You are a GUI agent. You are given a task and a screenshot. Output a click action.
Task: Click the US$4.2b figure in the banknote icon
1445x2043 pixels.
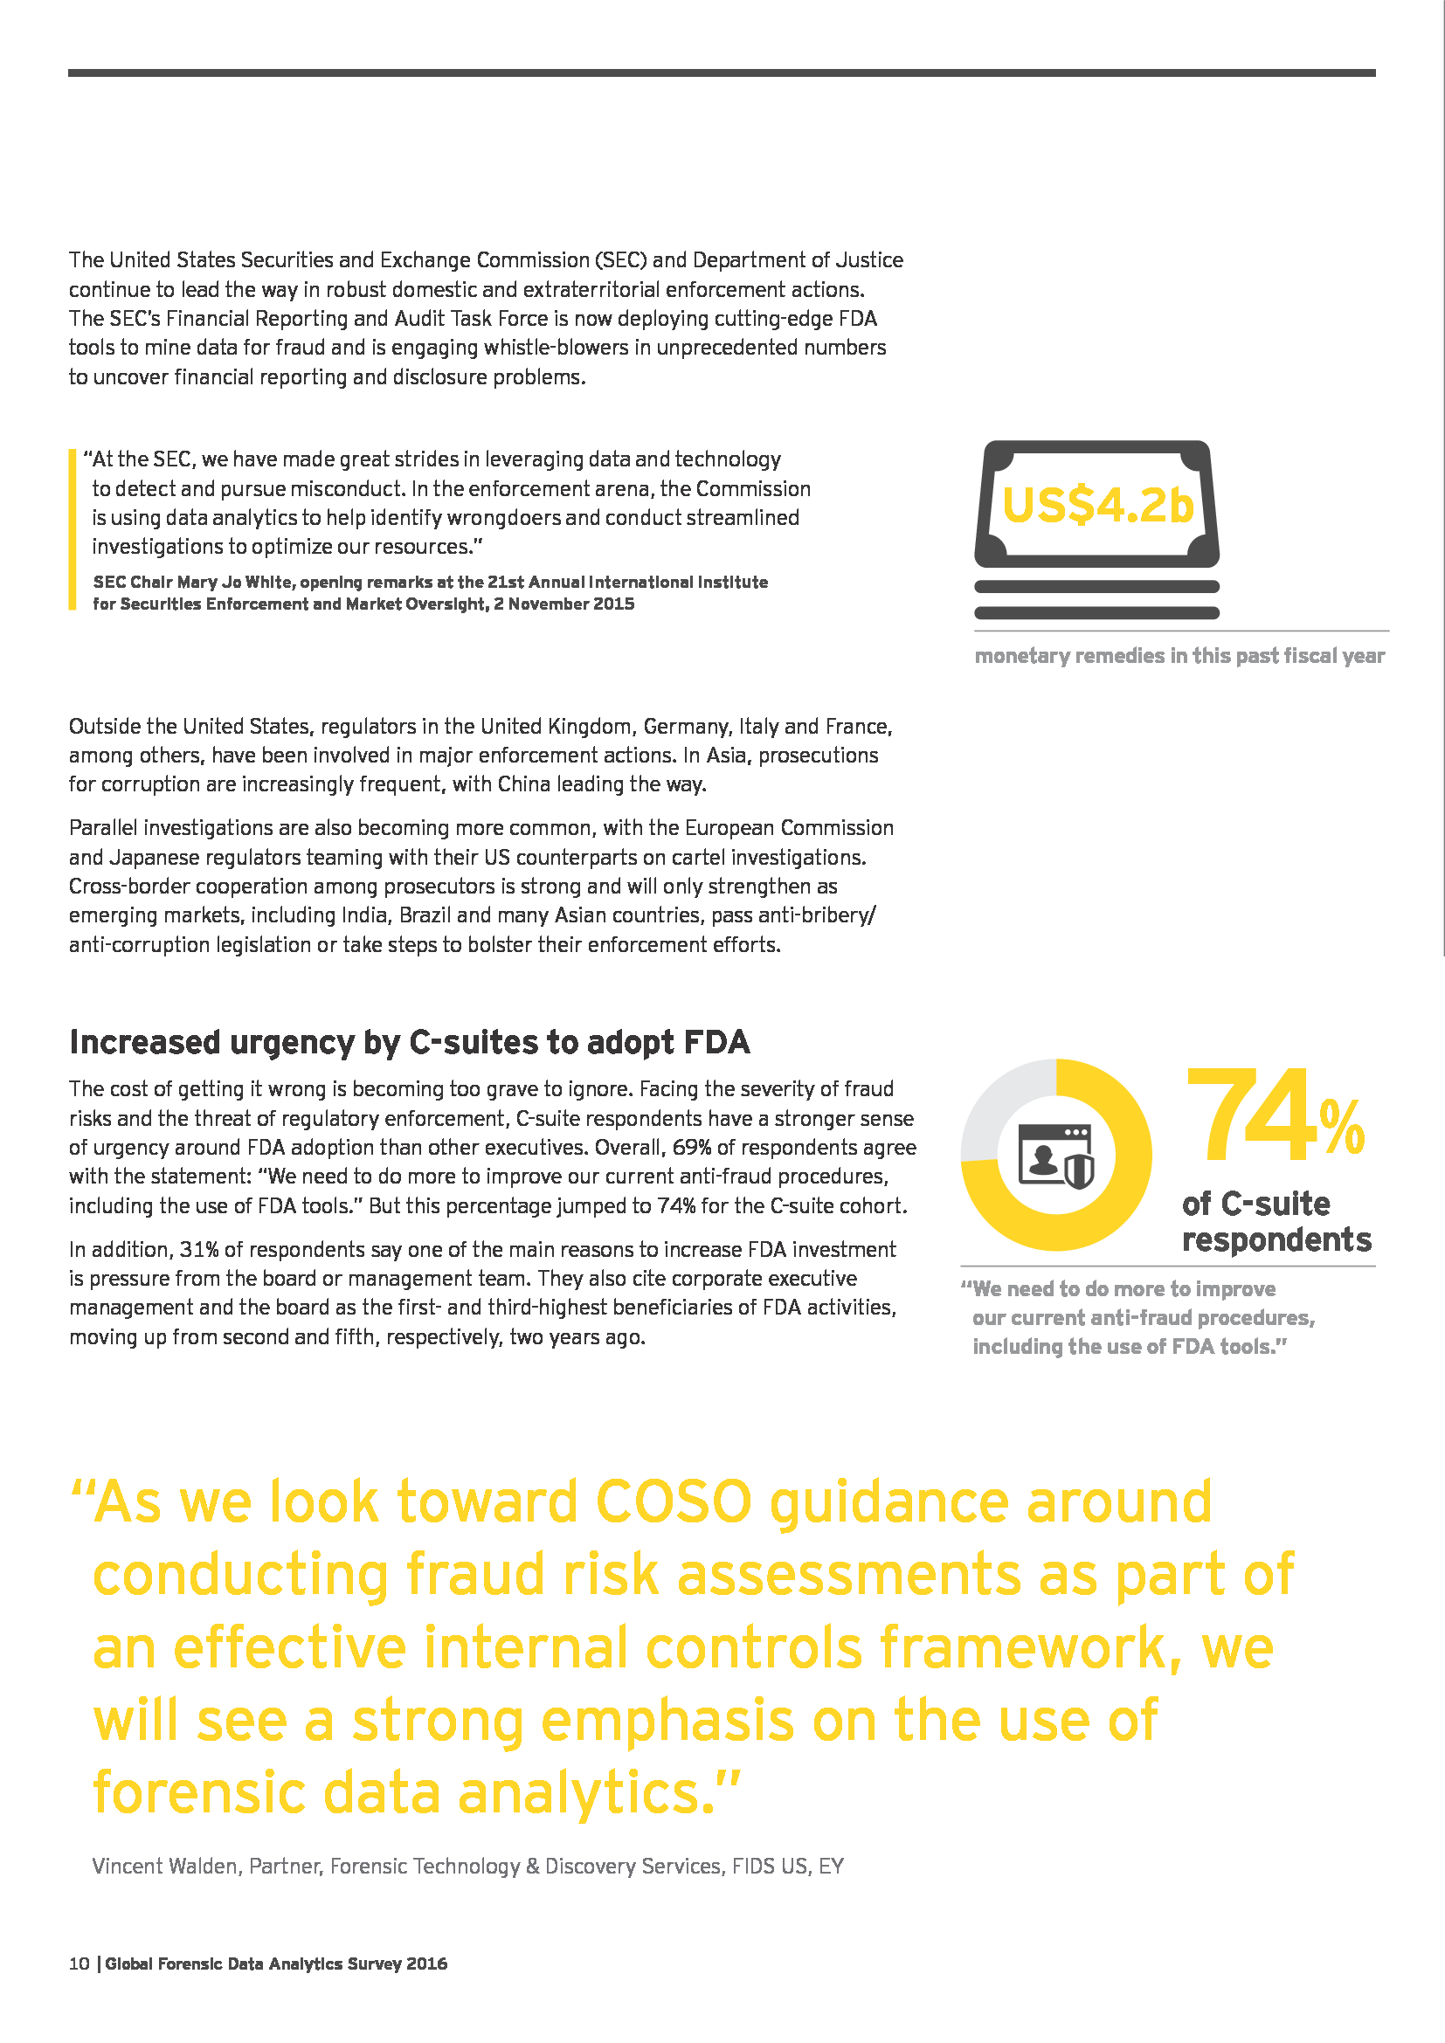[x=1097, y=506]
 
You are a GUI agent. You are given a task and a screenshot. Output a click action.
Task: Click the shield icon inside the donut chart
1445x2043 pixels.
[x=1078, y=1171]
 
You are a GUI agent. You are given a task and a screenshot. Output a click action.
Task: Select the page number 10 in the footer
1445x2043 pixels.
[x=79, y=1964]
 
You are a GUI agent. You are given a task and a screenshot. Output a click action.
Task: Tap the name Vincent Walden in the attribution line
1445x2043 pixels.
[x=164, y=1866]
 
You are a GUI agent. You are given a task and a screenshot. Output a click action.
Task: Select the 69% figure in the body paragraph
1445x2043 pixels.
[x=691, y=1147]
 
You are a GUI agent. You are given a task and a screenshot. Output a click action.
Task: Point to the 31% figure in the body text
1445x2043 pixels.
[x=199, y=1249]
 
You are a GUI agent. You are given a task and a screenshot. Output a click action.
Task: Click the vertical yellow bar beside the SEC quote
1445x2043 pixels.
[x=72, y=529]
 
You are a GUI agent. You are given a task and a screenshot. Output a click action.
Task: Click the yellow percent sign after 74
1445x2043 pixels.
[x=1341, y=1128]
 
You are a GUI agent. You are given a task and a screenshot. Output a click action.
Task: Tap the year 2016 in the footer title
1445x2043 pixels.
[x=426, y=1964]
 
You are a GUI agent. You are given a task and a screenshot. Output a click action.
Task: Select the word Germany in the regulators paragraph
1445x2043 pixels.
[x=684, y=726]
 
